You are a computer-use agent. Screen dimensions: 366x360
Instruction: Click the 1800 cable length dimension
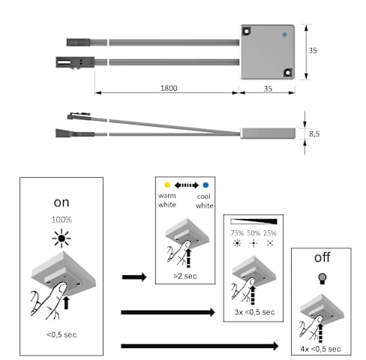[169, 88]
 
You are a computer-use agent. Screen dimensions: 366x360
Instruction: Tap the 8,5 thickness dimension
[314, 133]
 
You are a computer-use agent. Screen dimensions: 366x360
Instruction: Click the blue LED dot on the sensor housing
[284, 34]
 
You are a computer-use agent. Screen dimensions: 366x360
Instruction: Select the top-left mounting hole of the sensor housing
[247, 31]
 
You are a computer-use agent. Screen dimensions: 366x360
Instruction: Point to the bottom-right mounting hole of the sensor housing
[288, 73]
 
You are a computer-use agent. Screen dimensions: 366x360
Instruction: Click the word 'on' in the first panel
[61, 202]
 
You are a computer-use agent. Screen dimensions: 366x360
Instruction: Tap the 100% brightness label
[61, 220]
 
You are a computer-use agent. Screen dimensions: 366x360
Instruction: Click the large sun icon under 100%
[61, 238]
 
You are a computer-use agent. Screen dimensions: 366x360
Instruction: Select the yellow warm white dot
[167, 184]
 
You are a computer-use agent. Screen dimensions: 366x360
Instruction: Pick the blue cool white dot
[205, 185]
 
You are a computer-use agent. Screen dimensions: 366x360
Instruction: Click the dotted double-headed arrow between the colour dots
[187, 185]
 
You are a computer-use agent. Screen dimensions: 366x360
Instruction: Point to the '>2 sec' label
[185, 276]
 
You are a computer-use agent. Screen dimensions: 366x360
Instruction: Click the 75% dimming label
[237, 233]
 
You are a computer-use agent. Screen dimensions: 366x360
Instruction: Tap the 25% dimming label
[270, 233]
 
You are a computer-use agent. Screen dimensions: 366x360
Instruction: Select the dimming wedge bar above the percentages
[253, 221]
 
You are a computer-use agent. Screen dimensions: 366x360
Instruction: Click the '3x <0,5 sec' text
[254, 312]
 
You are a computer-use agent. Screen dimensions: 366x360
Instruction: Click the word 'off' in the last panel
[322, 257]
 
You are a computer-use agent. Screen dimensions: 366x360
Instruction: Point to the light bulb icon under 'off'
[322, 278]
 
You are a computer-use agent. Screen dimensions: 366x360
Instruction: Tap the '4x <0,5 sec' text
[320, 349]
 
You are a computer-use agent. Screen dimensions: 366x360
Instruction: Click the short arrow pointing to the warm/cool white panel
[134, 277]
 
